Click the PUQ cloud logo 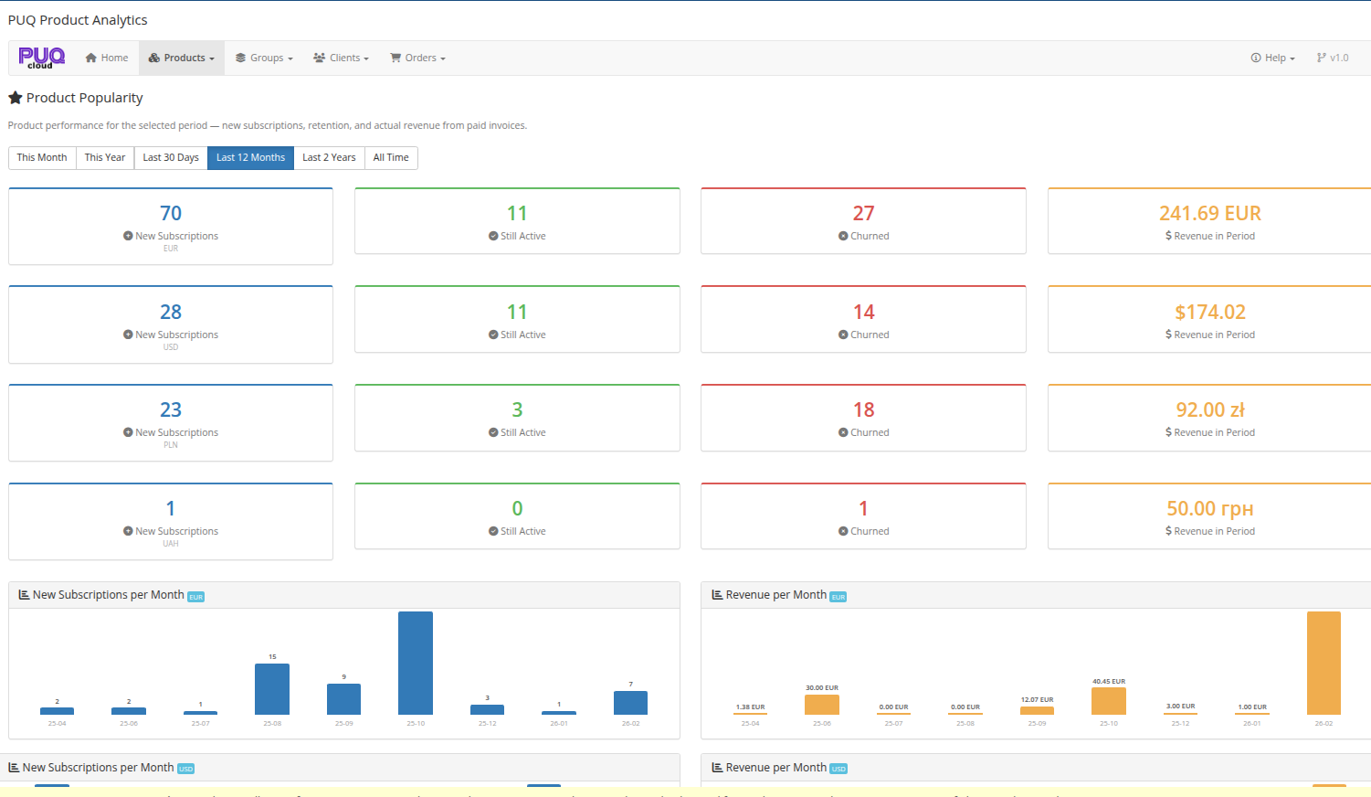41,58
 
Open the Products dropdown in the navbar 182,58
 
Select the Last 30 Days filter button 171,157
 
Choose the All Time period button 391,157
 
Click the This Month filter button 42,157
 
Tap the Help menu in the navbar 1272,58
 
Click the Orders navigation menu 417,58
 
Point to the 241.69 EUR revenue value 1209,213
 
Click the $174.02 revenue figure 1209,312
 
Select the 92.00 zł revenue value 1209,409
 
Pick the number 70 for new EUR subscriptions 171,213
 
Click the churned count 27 863,213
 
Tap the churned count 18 863,409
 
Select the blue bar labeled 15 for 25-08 272,689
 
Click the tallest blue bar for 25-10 416,663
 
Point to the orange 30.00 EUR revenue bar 822,705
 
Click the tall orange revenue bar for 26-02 1324,663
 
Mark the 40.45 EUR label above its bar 1109,681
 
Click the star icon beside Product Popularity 16,98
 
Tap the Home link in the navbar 107,58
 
